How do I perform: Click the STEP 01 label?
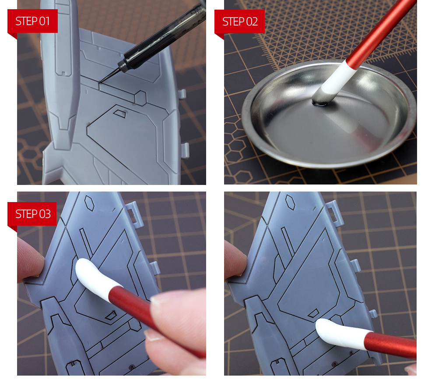tap(32, 21)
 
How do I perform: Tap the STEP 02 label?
tap(240, 21)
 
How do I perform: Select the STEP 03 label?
tap(33, 214)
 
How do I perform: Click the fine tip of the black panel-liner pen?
tap(99, 82)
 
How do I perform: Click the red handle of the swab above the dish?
tap(381, 30)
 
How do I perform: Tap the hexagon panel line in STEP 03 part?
tap(90, 203)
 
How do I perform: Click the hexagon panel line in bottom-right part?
tap(290, 202)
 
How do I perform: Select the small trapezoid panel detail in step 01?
tap(120, 113)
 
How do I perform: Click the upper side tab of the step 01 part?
tap(182, 93)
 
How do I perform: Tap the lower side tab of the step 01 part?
tap(185, 150)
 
